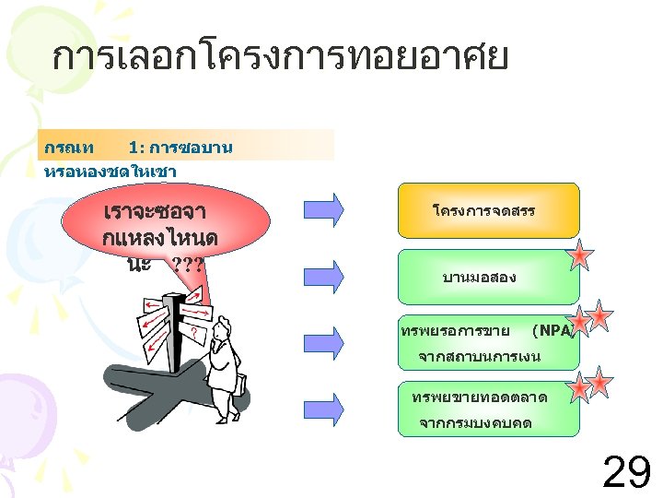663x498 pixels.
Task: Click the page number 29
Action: [x=625, y=472]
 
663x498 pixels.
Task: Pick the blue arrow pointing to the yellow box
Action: [x=324, y=206]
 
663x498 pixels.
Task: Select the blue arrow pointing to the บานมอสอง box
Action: [x=324, y=274]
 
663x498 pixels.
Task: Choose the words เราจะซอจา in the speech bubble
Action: [x=161, y=211]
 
